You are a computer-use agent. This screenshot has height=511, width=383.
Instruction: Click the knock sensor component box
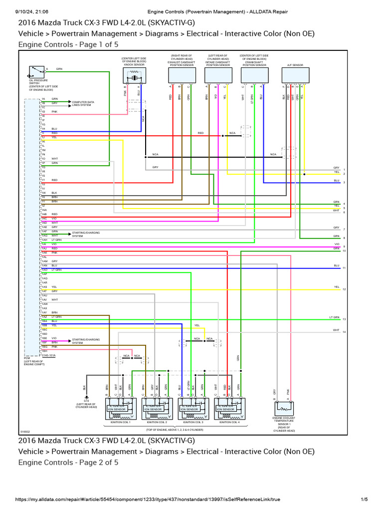(133, 77)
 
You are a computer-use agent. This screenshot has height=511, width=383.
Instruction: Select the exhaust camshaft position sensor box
(182, 75)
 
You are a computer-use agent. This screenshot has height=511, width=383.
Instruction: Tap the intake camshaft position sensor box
(217, 75)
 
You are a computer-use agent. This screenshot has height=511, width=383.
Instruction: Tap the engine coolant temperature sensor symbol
(283, 408)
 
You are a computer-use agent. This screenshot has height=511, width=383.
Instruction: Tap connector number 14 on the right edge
(344, 332)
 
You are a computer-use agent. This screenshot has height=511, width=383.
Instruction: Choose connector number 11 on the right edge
(344, 268)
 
